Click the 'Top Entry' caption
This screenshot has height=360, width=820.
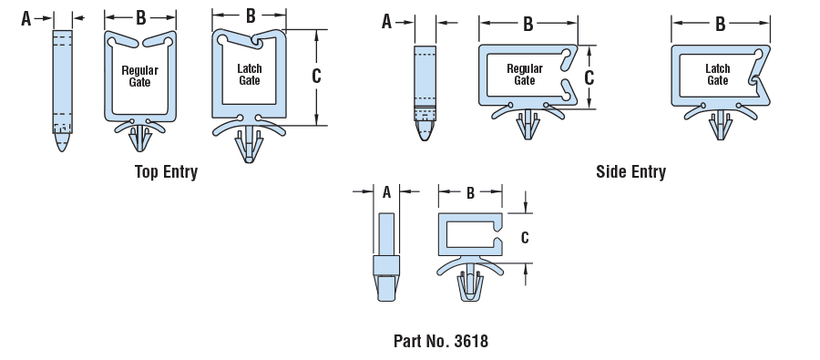pyautogui.click(x=167, y=171)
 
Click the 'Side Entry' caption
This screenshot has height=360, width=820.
pyautogui.click(x=630, y=171)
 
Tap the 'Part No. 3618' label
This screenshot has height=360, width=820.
pyautogui.click(x=441, y=341)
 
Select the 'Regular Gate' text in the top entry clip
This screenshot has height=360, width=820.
pyautogui.click(x=139, y=77)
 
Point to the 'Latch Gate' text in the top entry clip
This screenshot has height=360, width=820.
pyautogui.click(x=250, y=75)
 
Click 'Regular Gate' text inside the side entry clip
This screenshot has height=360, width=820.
pyautogui.click(x=525, y=75)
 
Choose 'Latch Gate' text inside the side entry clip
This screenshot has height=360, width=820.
pyautogui.click(x=718, y=75)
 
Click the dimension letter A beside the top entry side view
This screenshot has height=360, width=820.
pyautogui.click(x=26, y=19)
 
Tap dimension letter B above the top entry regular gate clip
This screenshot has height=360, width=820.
pyautogui.click(x=140, y=18)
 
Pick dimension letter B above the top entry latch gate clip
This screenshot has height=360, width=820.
pyautogui.click(x=251, y=16)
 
